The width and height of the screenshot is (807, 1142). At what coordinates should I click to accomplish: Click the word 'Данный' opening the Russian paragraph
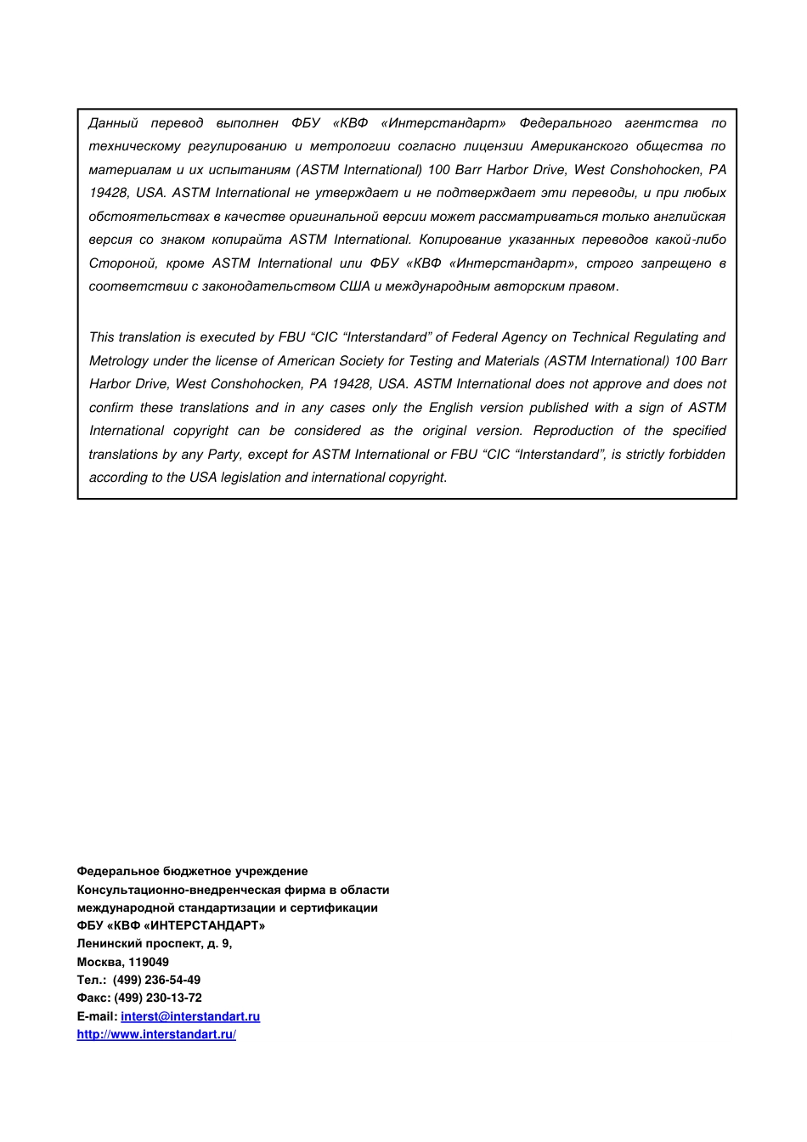point(113,123)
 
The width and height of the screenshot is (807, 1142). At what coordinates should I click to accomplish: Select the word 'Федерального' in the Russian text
point(565,123)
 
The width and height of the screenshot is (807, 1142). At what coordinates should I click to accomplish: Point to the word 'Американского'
point(579,146)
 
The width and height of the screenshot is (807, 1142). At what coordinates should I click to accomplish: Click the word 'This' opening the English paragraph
point(102,337)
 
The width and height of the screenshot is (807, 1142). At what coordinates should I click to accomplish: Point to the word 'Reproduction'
point(573,431)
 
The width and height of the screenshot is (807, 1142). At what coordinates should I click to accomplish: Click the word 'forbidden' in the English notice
point(697,455)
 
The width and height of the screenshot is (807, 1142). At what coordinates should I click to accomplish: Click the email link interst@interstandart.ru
point(190,1016)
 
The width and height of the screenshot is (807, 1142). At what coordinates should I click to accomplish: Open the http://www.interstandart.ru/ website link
point(156,1034)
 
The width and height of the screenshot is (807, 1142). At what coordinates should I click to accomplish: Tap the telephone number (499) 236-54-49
point(156,980)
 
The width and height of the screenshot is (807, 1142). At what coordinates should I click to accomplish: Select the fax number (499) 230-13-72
point(158,998)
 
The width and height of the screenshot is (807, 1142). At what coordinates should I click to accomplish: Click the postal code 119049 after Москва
point(149,962)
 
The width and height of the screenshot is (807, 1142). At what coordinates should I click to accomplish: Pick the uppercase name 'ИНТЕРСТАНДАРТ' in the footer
point(204,925)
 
